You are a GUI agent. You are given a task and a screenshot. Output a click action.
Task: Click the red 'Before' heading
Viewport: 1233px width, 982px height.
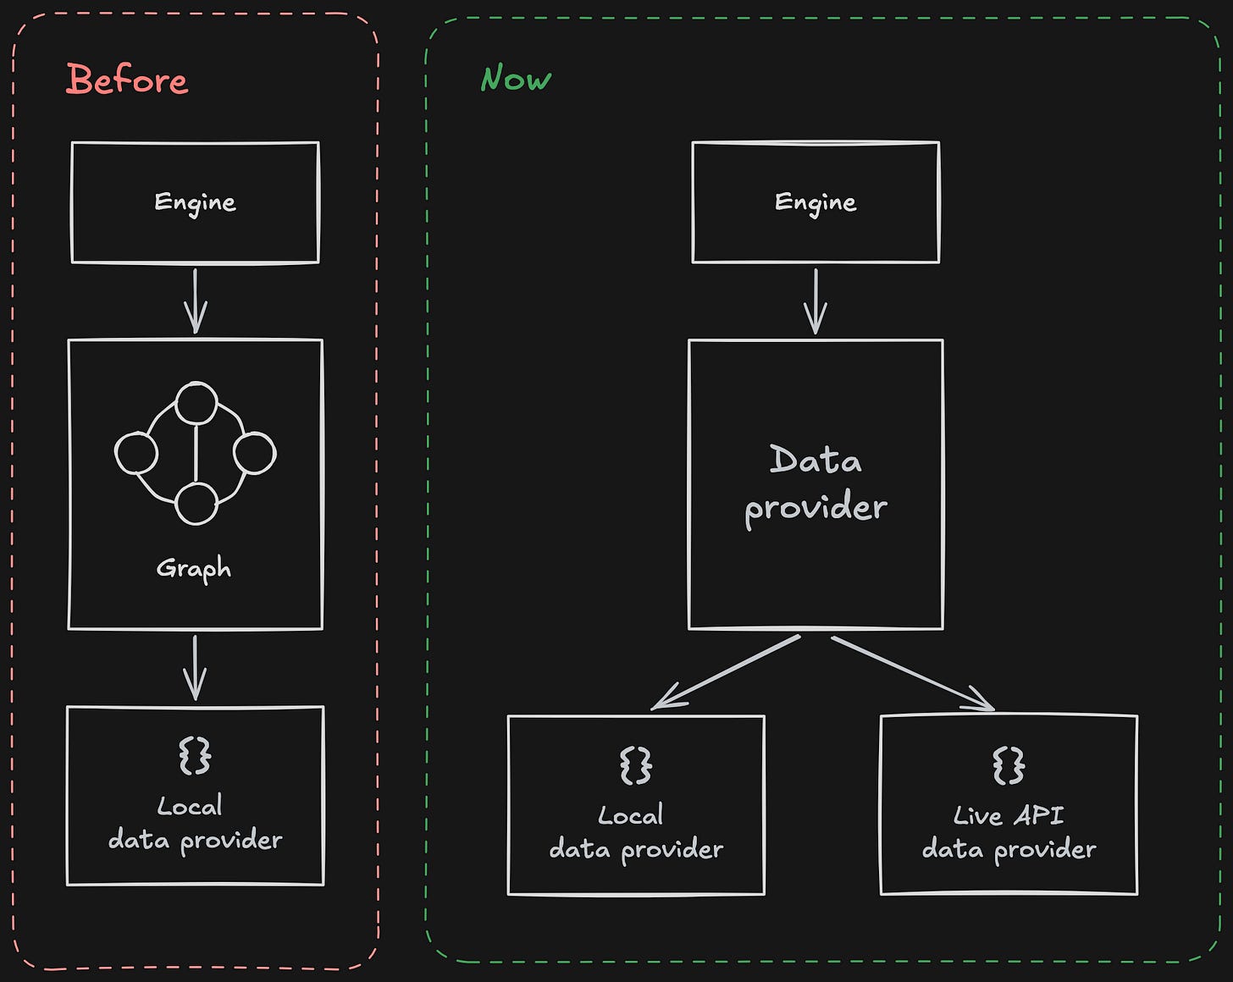127,80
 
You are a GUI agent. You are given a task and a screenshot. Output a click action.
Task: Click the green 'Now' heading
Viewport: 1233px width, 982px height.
516,79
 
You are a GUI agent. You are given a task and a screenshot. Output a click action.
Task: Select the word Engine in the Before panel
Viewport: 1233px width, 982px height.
195,202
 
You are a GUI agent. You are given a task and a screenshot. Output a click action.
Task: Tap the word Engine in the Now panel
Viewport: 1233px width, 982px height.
816,202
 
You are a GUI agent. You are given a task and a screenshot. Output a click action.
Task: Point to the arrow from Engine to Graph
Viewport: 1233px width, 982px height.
195,301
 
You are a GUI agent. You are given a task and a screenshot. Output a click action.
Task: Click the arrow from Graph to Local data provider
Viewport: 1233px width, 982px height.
195,668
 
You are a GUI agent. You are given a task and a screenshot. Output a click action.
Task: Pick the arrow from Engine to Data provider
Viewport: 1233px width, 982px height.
816,301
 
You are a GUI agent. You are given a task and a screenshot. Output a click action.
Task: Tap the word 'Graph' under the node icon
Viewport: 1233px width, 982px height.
194,569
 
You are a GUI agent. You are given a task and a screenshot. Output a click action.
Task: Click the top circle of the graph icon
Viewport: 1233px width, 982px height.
196,403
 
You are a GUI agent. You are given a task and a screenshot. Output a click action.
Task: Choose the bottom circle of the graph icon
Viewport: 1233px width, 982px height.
196,504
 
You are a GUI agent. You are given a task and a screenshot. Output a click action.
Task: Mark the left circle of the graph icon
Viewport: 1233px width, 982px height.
136,453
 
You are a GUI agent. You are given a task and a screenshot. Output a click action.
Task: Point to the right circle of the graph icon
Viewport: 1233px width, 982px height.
254,453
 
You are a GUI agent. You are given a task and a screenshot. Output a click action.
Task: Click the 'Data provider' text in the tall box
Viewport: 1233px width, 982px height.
816,483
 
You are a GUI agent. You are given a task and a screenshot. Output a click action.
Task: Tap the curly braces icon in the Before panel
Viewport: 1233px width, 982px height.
195,755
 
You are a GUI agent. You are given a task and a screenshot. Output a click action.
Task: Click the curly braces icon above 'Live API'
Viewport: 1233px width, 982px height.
1009,765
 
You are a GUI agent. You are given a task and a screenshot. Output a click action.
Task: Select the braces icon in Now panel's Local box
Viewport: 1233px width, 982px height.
636,765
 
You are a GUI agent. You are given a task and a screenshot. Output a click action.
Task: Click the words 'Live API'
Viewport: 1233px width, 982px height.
1009,815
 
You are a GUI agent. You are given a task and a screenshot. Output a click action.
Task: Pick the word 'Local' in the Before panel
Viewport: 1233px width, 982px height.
190,806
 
